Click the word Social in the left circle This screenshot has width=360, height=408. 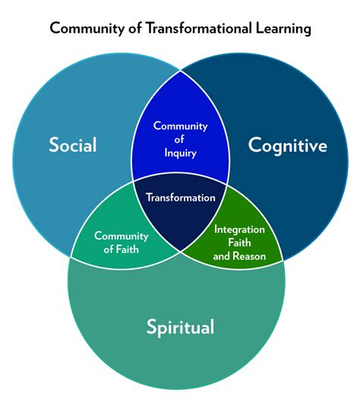pos(73,144)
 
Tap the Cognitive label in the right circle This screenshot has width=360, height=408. pos(288,145)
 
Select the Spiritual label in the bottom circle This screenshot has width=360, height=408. pos(180,327)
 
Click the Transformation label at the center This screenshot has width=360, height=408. pos(181,198)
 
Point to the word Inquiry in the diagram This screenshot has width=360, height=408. pos(181,152)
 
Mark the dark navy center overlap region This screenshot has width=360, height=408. pos(180,217)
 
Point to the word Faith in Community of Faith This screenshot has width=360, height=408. pos(133,248)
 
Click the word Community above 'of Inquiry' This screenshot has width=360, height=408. pos(181,125)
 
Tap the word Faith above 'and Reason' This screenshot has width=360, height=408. pos(239,242)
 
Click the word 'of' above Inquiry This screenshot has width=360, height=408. pos(181,139)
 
